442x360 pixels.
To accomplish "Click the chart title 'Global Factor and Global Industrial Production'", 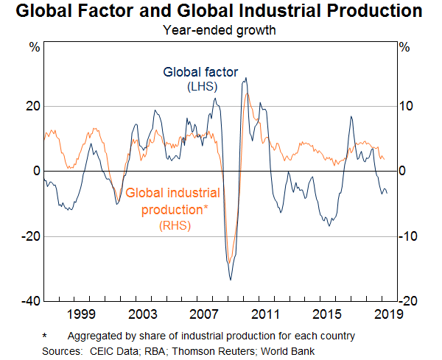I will coord(220,12).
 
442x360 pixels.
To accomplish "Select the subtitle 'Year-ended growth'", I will coord(220,31).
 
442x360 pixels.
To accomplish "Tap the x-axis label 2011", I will coord(264,315).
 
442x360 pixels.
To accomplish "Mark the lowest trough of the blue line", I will coord(231,280).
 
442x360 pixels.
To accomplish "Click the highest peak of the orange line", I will coord(247,93).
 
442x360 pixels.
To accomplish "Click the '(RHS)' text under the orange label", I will coord(174,226).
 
